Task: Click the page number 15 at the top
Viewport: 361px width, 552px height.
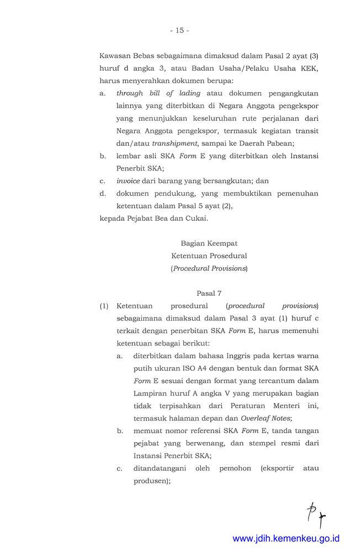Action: pyautogui.click(x=180, y=30)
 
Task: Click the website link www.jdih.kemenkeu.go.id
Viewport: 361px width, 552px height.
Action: pyautogui.click(x=286, y=538)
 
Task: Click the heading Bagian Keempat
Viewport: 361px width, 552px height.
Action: pyautogui.click(x=209, y=243)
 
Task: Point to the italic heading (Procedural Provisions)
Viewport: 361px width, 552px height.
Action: pyautogui.click(x=209, y=269)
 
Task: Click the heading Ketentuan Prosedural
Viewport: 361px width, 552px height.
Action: pyautogui.click(x=209, y=256)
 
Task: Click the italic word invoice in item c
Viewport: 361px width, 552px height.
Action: pyautogui.click(x=128, y=181)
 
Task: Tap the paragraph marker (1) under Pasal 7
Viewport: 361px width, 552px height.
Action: pyautogui.click(x=104, y=306)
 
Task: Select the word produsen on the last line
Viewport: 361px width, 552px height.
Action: pyautogui.click(x=150, y=481)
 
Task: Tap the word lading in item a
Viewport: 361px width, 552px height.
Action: pyautogui.click(x=190, y=93)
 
